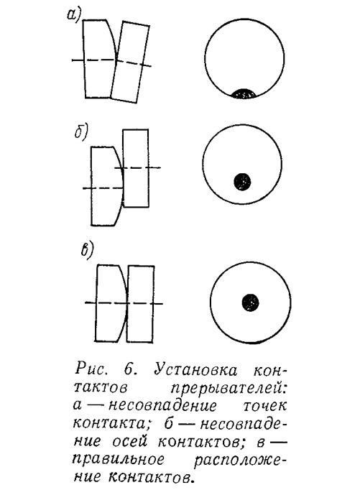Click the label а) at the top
[74, 14]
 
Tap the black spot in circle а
[244, 93]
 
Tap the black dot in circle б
[242, 182]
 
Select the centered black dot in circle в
[250, 302]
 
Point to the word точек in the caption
[264, 406]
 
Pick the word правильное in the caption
[119, 460]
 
